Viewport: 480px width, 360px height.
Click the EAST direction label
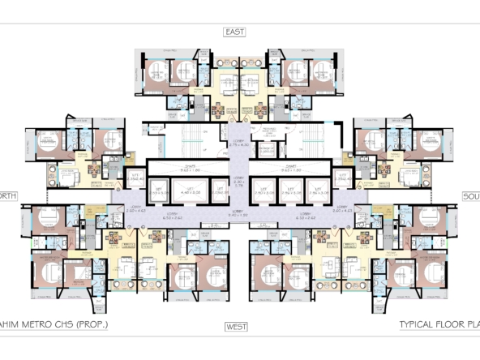pyautogui.click(x=236, y=32)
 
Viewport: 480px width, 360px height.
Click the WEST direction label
pyautogui.click(x=236, y=327)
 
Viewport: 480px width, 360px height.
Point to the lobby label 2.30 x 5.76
pyautogui.click(x=239, y=183)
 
